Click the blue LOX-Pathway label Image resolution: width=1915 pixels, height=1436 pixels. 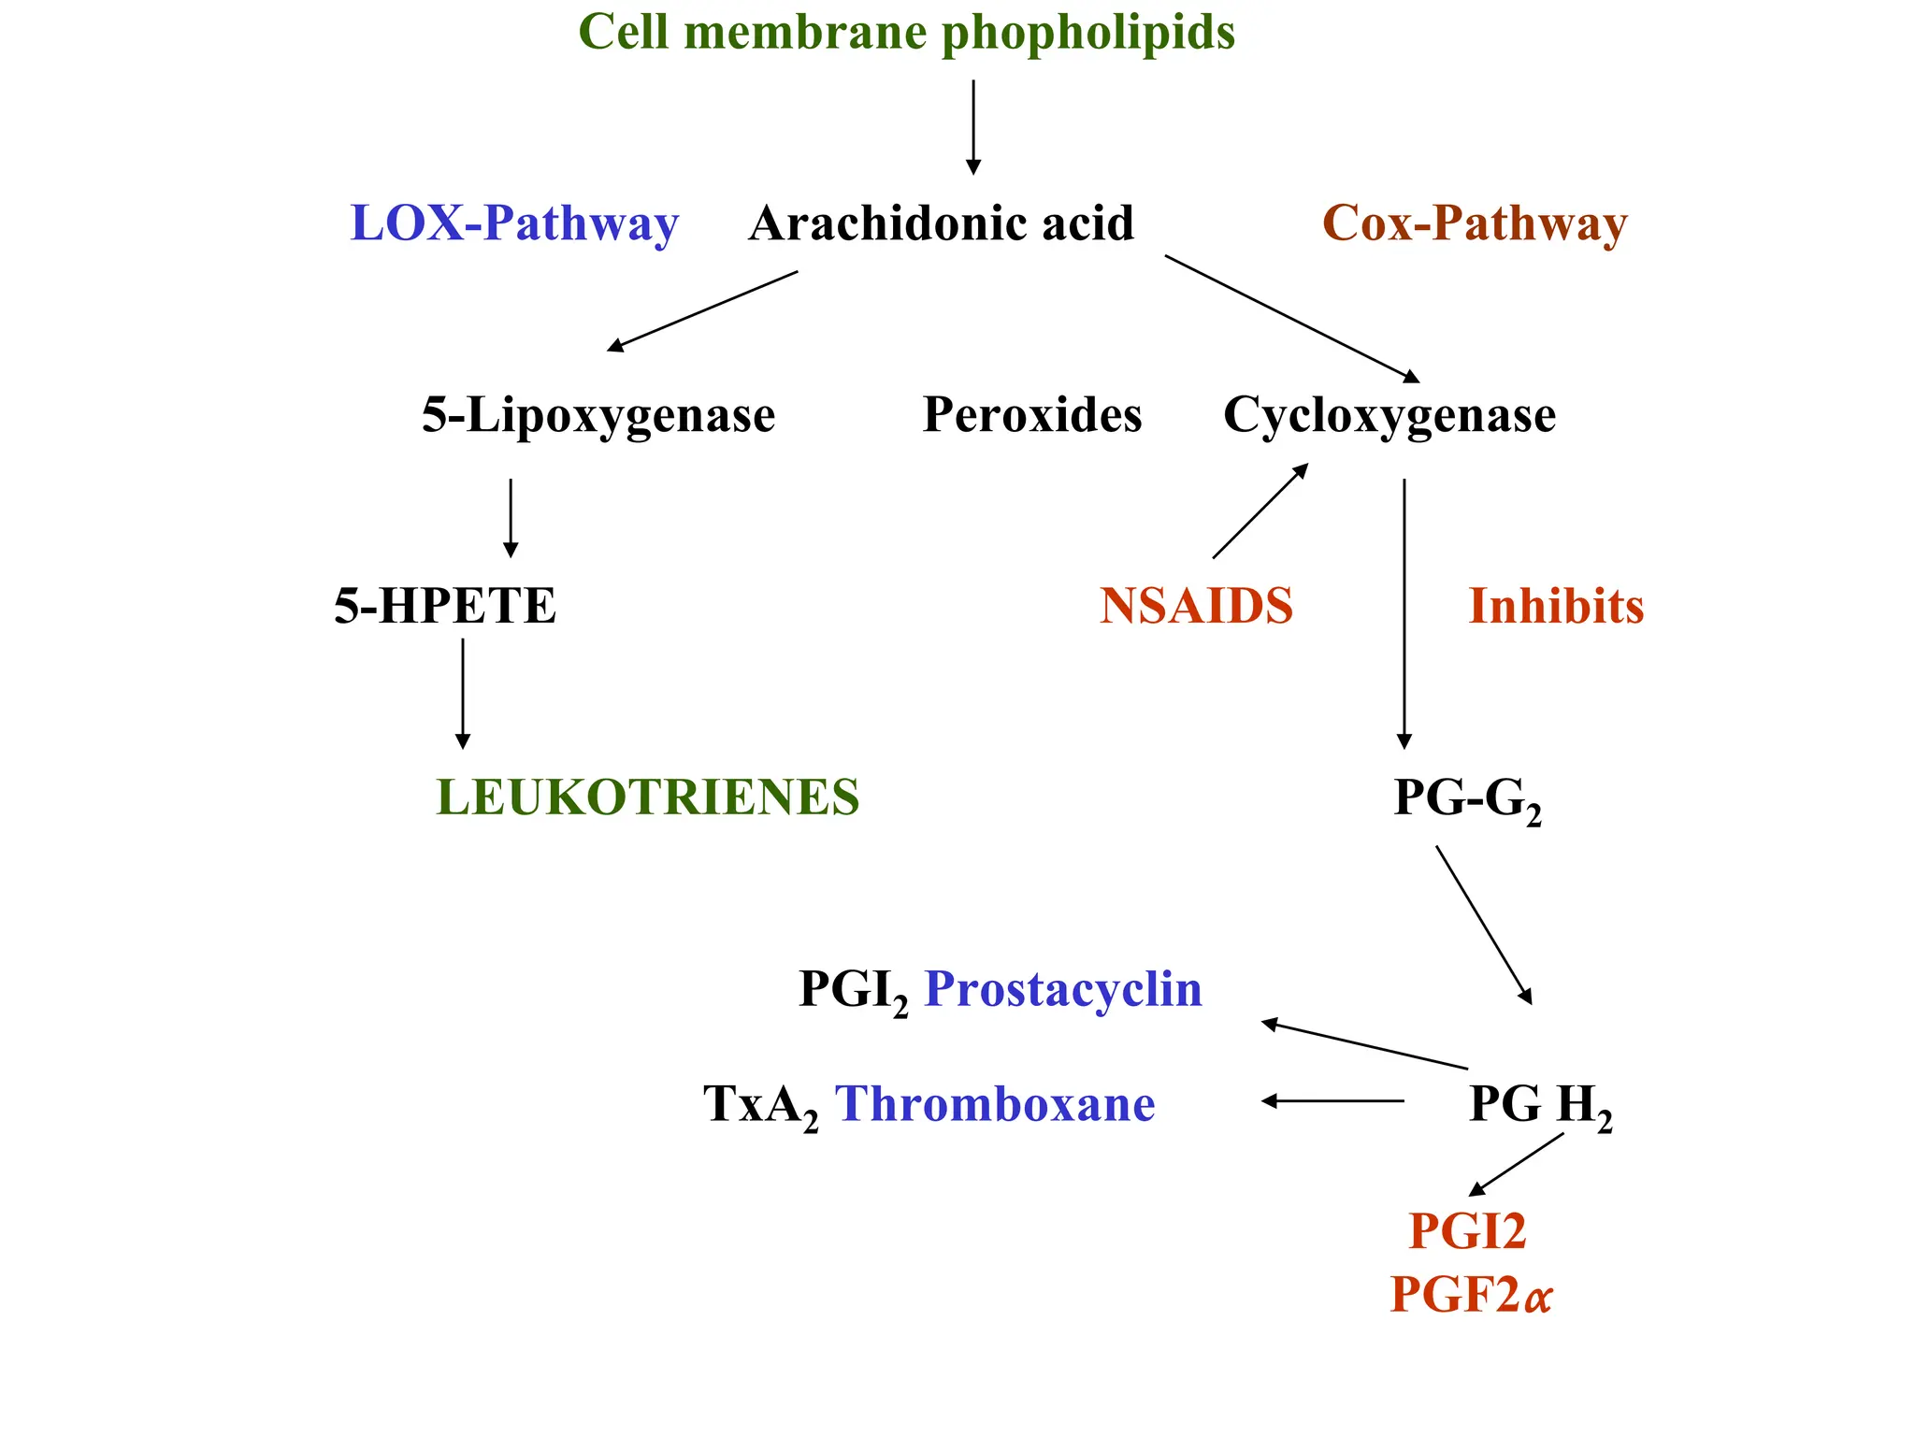tap(514, 224)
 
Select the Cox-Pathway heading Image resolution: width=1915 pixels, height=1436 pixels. tap(1475, 224)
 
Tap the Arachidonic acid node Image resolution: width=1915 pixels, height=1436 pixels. tap(941, 224)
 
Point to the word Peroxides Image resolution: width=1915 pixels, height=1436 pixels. tap(1032, 415)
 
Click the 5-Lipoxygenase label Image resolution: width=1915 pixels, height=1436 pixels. tap(598, 415)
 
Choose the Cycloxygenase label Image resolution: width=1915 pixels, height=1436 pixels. tap(1389, 415)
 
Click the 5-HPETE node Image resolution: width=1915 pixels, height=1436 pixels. tap(445, 606)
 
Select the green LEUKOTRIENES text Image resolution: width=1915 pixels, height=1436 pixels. tap(647, 797)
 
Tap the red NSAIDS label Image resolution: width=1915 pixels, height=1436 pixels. tap(1196, 606)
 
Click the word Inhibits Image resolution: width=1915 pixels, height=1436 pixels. tap(1556, 606)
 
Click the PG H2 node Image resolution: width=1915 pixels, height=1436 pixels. tap(1540, 1105)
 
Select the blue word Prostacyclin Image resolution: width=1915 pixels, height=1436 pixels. tap(1063, 989)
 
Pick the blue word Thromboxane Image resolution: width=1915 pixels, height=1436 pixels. tap(995, 1104)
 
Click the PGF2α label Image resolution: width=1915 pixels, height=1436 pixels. tap(1471, 1295)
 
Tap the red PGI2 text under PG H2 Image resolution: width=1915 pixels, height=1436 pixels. tap(1467, 1230)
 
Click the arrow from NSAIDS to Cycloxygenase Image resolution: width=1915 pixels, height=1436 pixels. tap(1260, 511)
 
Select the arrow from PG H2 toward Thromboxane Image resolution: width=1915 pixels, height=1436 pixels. tap(1332, 1101)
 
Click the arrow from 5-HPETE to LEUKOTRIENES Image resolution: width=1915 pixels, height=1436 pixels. tap(463, 694)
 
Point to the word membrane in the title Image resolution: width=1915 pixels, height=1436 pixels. tap(805, 32)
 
